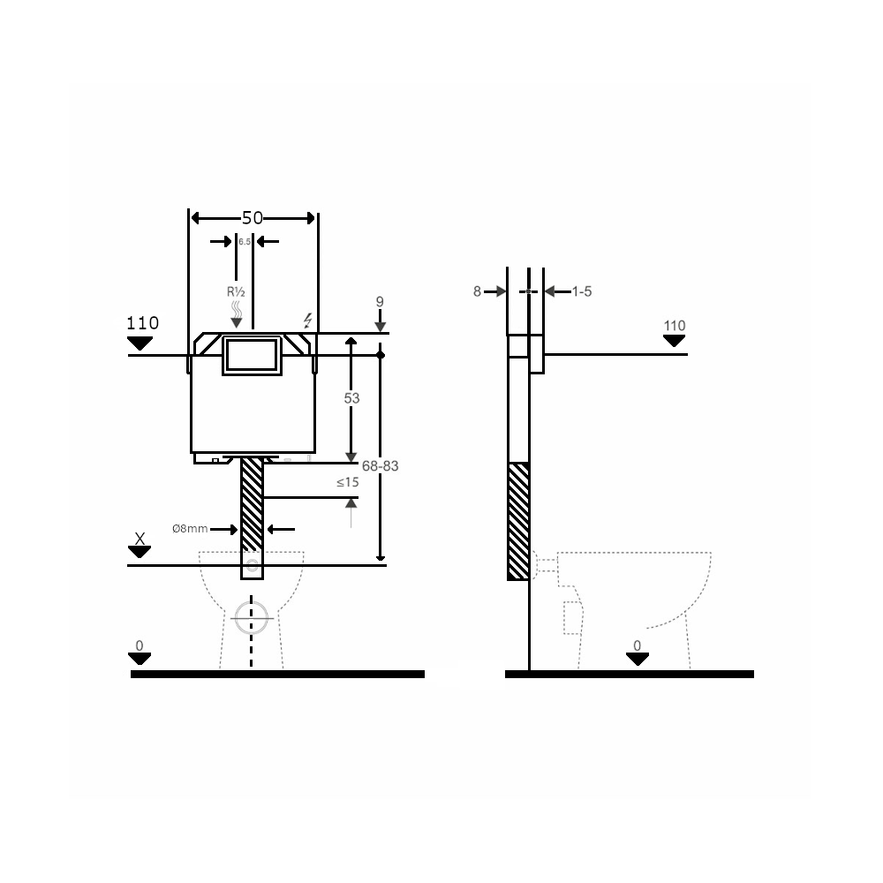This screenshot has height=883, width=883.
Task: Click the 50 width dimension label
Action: [253, 218]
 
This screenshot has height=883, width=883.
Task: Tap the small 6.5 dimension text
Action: [245, 242]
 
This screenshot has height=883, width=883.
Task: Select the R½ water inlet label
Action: [236, 291]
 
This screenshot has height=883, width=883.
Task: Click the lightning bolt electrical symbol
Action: [307, 321]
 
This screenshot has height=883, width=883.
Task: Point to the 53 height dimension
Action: [351, 398]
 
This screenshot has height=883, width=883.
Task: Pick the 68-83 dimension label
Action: [380, 466]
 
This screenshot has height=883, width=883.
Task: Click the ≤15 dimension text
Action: [347, 483]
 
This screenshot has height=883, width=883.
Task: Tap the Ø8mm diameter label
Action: [190, 529]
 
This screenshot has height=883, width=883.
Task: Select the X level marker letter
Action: [140, 539]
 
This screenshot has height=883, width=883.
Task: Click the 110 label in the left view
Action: [142, 323]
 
